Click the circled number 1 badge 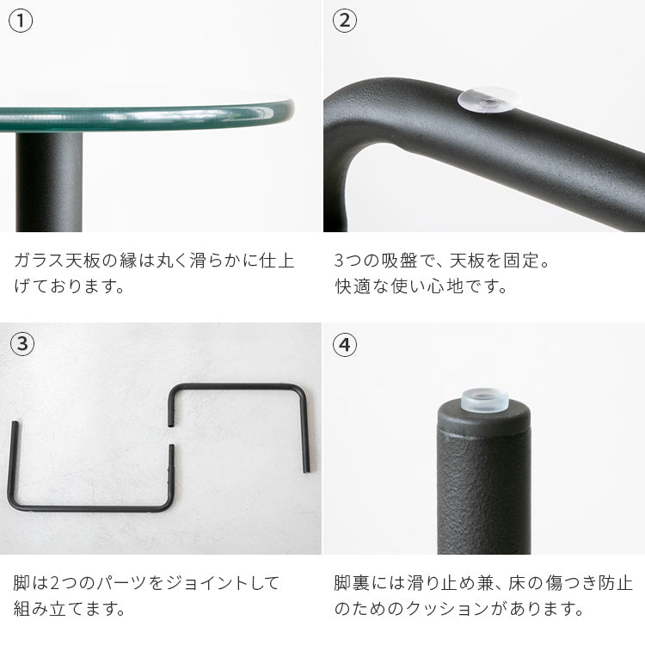(21, 21)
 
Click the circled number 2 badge (344, 21)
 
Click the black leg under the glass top (49, 181)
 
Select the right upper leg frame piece (241, 387)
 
